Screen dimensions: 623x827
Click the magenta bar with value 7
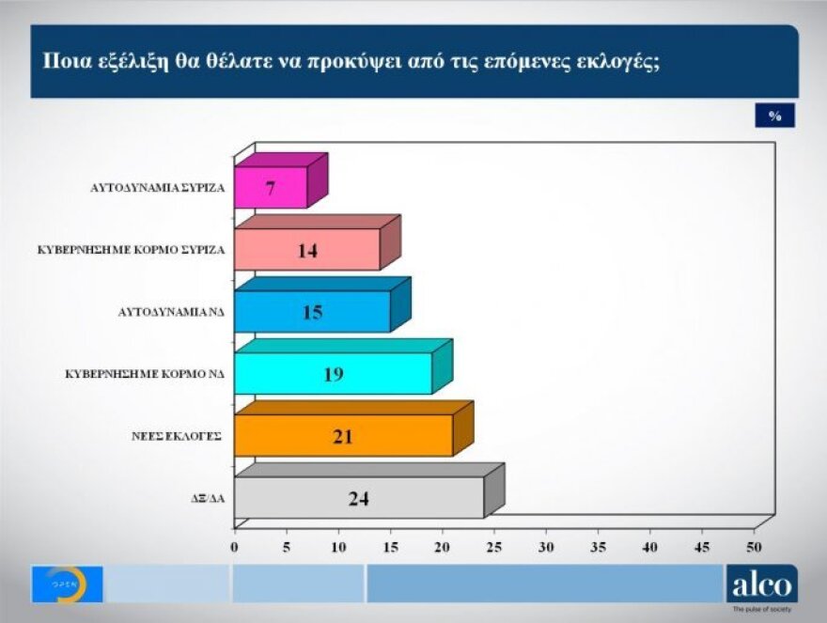pyautogui.click(x=271, y=187)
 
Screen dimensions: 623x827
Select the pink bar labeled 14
pyautogui.click(x=307, y=249)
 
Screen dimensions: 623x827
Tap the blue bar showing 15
pyautogui.click(x=312, y=311)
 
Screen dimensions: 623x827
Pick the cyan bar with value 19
pyautogui.click(x=333, y=374)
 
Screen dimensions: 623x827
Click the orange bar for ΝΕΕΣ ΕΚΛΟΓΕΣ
pyautogui.click(x=343, y=435)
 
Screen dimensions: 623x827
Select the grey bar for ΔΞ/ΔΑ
pyautogui.click(x=358, y=497)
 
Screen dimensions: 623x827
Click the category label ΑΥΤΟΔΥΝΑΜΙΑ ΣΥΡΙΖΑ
pyautogui.click(x=170, y=187)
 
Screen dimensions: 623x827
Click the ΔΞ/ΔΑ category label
pyautogui.click(x=208, y=498)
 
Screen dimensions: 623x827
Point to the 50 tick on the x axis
pyautogui.click(x=753, y=546)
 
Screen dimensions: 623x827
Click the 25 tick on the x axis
pyautogui.click(x=493, y=546)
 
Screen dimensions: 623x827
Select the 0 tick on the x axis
pyautogui.click(x=234, y=546)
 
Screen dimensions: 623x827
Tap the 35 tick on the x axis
pyautogui.click(x=597, y=546)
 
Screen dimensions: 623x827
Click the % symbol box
pyautogui.click(x=774, y=115)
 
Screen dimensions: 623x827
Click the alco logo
pyautogui.click(x=761, y=584)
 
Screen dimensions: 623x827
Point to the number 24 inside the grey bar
pyautogui.click(x=358, y=498)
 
